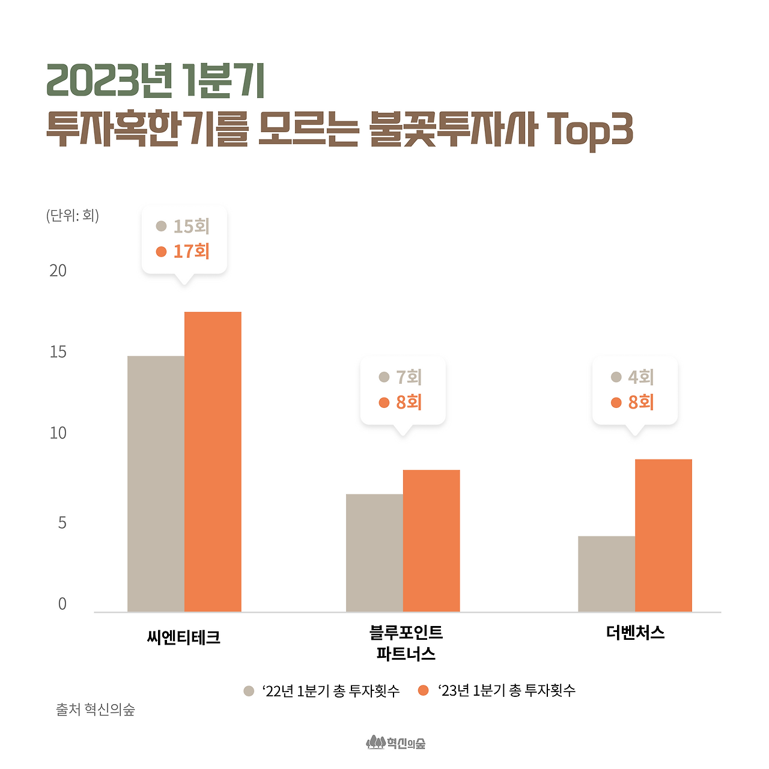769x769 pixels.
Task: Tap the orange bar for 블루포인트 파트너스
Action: (431, 541)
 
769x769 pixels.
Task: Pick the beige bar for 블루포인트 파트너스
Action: (374, 553)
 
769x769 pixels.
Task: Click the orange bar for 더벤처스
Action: (663, 535)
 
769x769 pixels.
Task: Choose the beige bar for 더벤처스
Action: (606, 574)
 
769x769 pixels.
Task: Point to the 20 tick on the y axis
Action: (58, 271)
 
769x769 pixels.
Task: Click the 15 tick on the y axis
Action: (58, 352)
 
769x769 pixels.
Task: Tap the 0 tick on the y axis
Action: (62, 604)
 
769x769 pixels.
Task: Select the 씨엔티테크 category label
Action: (184, 637)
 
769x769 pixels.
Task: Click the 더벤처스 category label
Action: (635, 633)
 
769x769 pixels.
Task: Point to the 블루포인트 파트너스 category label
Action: (406, 643)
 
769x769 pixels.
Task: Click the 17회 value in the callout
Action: (191, 252)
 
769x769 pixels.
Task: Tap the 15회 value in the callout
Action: (191, 226)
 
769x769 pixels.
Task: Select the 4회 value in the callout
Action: (640, 377)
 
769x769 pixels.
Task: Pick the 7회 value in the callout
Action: (409, 377)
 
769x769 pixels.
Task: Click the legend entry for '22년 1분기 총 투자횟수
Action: (322, 691)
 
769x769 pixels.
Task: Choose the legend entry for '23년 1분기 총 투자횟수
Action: (497, 691)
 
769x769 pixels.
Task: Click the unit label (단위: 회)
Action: (73, 216)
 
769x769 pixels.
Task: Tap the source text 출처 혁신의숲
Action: (96, 710)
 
